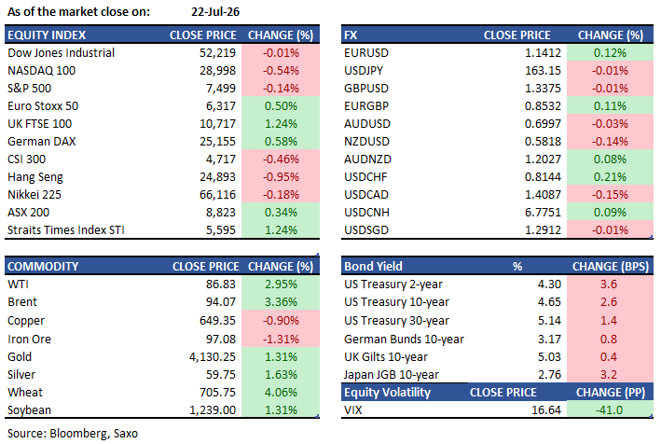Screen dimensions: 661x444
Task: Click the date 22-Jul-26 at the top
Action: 215,12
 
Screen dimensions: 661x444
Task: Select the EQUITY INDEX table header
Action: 47,35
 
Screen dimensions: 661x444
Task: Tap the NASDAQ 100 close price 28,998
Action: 217,70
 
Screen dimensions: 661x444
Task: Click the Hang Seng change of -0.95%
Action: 281,176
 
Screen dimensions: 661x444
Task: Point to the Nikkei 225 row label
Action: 34,194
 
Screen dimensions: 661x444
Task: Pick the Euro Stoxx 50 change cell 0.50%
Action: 281,105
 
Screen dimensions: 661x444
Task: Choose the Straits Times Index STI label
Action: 66,229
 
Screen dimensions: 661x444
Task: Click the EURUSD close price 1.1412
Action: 543,53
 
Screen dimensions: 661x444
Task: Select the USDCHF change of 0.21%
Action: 610,176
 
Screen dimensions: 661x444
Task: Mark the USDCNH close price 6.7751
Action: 543,212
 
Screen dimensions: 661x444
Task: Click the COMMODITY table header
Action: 43,267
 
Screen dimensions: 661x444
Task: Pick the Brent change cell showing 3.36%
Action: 281,302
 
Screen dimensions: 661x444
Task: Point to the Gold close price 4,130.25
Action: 213,356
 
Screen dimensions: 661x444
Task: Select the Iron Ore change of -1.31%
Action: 281,339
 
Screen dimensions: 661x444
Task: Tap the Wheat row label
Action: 25,392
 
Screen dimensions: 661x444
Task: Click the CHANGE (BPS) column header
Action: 611,267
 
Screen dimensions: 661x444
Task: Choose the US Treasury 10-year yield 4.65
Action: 549,302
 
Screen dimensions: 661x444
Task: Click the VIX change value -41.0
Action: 609,409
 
